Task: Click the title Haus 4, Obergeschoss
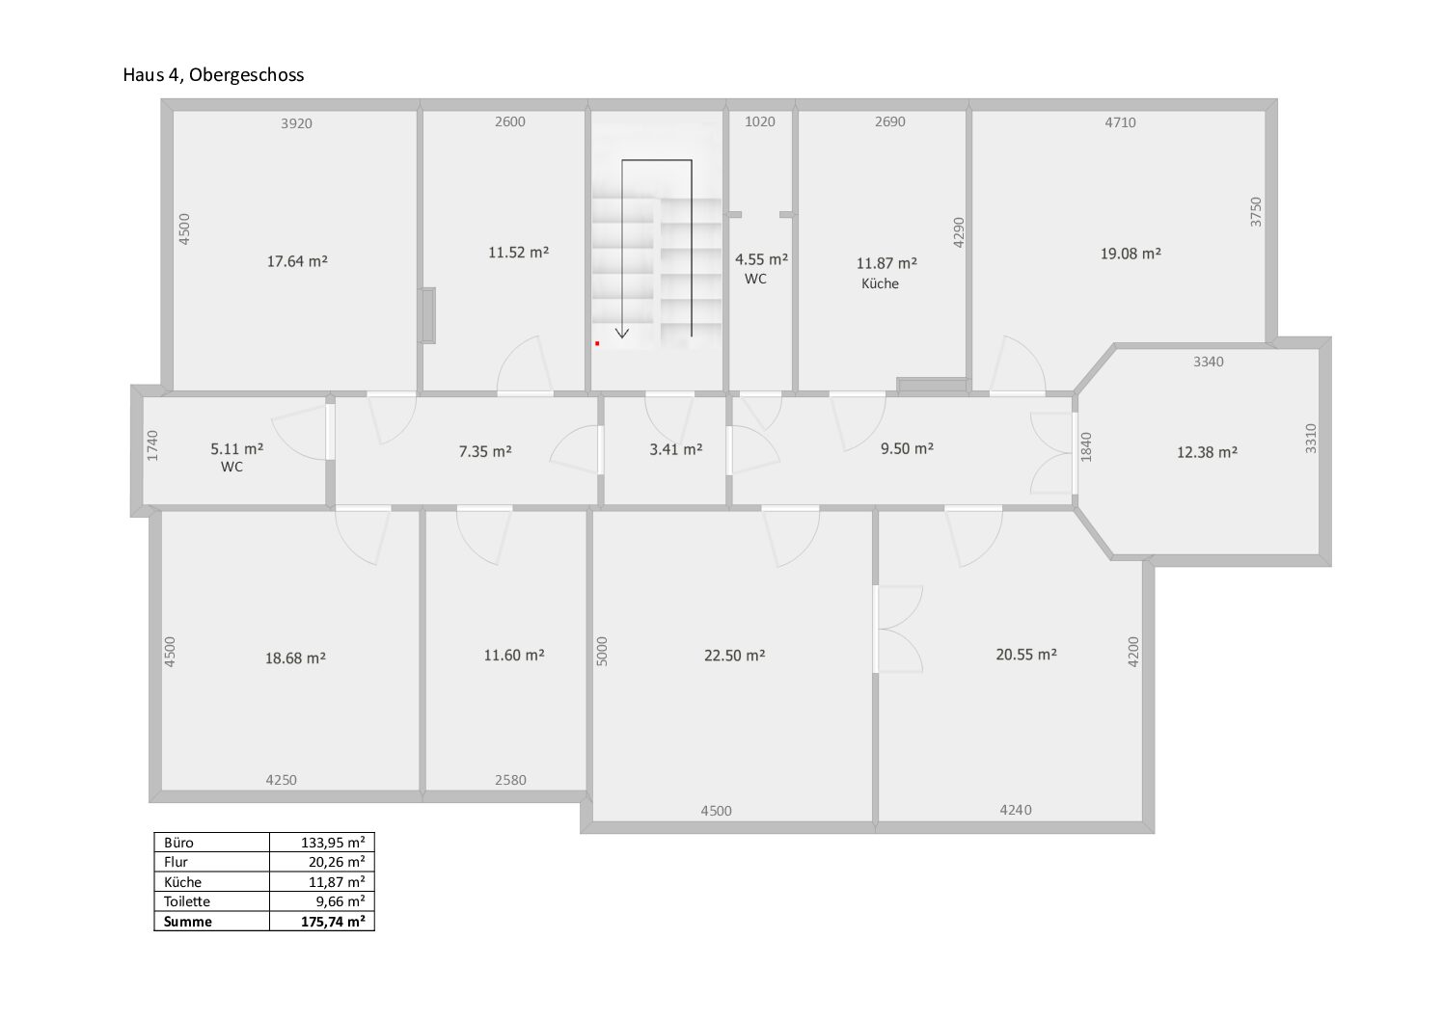[x=213, y=75]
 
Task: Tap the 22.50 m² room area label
[x=734, y=656]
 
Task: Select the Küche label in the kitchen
[x=880, y=283]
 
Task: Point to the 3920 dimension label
[x=296, y=123]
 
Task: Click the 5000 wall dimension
[x=602, y=651]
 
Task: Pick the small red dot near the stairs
[x=598, y=343]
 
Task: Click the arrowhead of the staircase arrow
[x=622, y=334]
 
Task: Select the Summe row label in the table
[x=187, y=922]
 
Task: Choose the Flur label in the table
[x=176, y=862]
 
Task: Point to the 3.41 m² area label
[x=675, y=449]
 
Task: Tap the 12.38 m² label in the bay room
[x=1207, y=452]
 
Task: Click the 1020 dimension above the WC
[x=760, y=121]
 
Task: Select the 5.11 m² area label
[x=236, y=448]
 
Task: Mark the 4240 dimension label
[x=1016, y=810]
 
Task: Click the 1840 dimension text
[x=1086, y=446]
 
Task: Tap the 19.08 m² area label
[x=1131, y=254]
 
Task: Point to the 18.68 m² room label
[x=295, y=658]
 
